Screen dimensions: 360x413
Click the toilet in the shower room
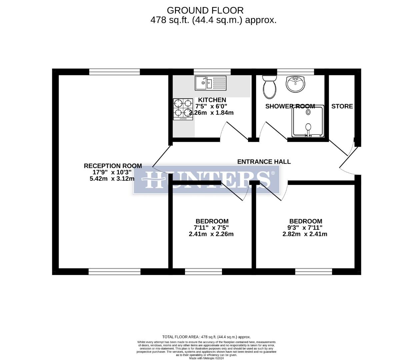coord(270,87)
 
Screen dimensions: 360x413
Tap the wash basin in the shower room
coord(295,84)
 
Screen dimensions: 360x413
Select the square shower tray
coord(308,122)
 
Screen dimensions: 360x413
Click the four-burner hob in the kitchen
coord(183,109)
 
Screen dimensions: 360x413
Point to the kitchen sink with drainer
coord(210,83)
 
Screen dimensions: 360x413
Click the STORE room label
coord(342,106)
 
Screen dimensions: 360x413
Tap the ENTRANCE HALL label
coord(264,162)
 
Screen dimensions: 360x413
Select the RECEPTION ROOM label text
coord(113,166)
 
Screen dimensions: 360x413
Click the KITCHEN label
coord(212,100)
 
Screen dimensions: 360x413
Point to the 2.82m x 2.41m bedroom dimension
coord(305,234)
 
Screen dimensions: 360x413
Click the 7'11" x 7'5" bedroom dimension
coord(211,228)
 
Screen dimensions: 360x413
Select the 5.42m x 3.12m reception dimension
coord(112,179)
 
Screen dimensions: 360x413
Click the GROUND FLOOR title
coord(205,10)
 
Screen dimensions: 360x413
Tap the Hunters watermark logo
coord(206,180)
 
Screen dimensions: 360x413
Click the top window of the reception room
coord(114,72)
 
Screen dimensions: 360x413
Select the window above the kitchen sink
coord(212,72)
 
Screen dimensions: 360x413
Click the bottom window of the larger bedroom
coord(314,272)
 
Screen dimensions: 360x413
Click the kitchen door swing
coord(235,132)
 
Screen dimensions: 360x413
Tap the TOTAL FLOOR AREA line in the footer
coord(206,337)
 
